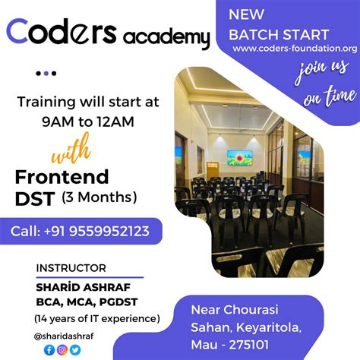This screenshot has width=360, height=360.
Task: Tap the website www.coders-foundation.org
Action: point(295,49)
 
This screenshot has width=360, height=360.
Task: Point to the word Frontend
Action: point(62,177)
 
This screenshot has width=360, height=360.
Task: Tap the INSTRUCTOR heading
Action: point(71,268)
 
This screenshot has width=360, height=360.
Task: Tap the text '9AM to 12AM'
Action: point(88,119)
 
